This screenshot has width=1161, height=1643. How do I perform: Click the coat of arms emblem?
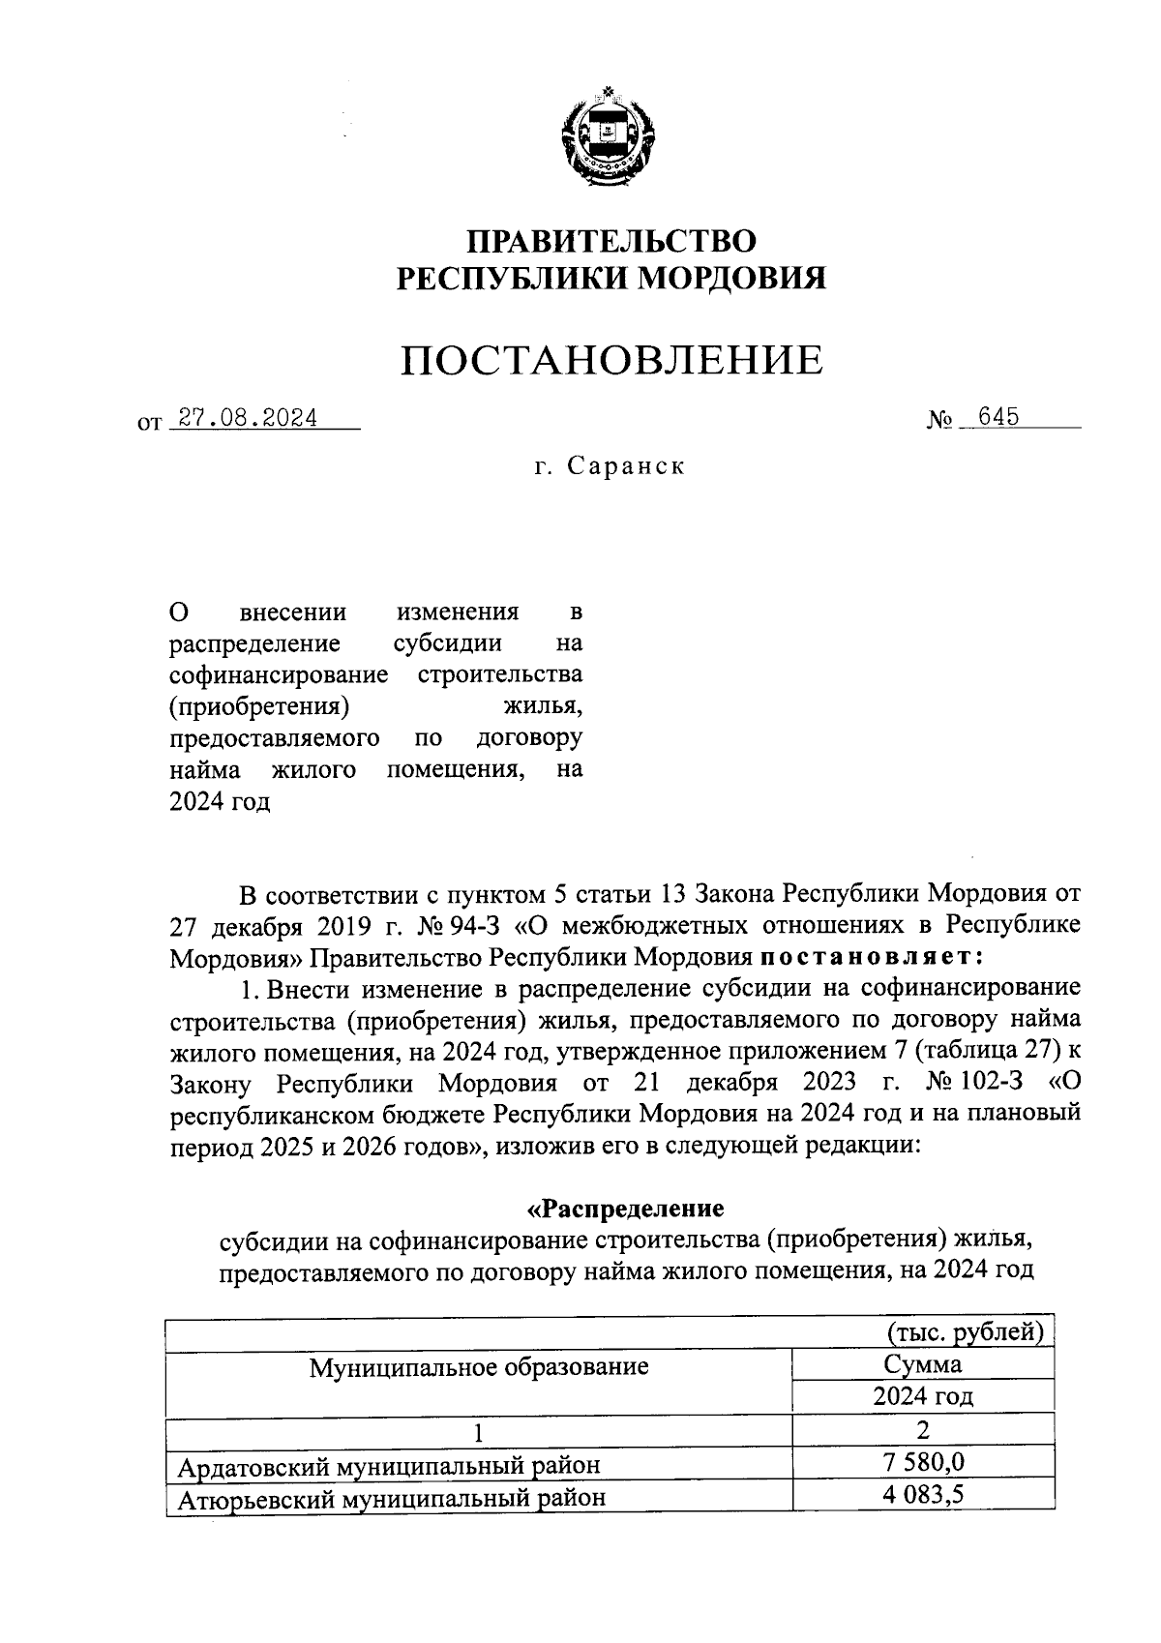609,137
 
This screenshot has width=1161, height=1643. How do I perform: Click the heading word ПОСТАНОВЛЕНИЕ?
612,361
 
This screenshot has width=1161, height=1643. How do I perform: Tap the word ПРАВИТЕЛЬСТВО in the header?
611,241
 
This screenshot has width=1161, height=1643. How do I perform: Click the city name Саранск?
626,465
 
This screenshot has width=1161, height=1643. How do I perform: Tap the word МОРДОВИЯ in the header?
734,279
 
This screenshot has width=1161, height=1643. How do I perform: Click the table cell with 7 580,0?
923,1461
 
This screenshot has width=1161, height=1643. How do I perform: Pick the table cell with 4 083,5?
923,1495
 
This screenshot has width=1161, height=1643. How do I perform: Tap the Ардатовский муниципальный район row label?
389,1465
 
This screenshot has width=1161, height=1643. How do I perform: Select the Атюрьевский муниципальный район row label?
392,1498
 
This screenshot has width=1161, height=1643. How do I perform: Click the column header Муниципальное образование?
479,1367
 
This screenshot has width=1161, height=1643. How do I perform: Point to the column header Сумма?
923,1364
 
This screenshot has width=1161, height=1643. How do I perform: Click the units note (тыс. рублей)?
966,1332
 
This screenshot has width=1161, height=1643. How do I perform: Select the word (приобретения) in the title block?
258,705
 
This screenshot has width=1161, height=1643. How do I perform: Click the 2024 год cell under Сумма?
923,1396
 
